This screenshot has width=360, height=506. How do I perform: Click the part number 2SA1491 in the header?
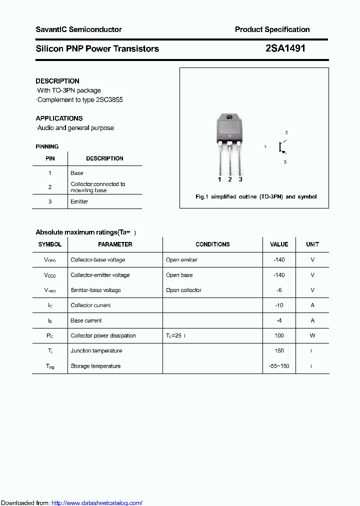pos(285,48)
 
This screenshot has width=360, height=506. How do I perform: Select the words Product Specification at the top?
pos(272,29)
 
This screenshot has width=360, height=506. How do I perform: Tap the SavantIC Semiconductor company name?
pos(78,29)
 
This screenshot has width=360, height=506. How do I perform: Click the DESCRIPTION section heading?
pos(57,81)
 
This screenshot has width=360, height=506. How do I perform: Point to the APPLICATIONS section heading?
pos(59,118)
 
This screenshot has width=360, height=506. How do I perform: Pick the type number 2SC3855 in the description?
pos(107,99)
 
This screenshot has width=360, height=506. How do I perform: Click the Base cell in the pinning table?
pos(77,173)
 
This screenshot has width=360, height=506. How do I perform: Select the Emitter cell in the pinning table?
pos(79,201)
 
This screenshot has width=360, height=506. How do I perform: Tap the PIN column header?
pos(50,158)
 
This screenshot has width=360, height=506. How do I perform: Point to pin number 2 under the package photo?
pos(230,179)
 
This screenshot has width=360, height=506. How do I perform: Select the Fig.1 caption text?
pos(255,196)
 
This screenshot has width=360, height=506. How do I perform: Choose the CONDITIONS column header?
pos(212,244)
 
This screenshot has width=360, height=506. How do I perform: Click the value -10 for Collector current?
pos(279,305)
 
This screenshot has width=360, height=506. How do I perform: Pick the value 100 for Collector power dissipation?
pos(279,335)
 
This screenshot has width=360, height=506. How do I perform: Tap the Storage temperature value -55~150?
pos(279,366)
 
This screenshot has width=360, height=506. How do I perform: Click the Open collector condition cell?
pos(183,290)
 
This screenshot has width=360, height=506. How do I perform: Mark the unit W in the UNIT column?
pos(312,335)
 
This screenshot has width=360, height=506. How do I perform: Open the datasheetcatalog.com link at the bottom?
pos(97,503)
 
